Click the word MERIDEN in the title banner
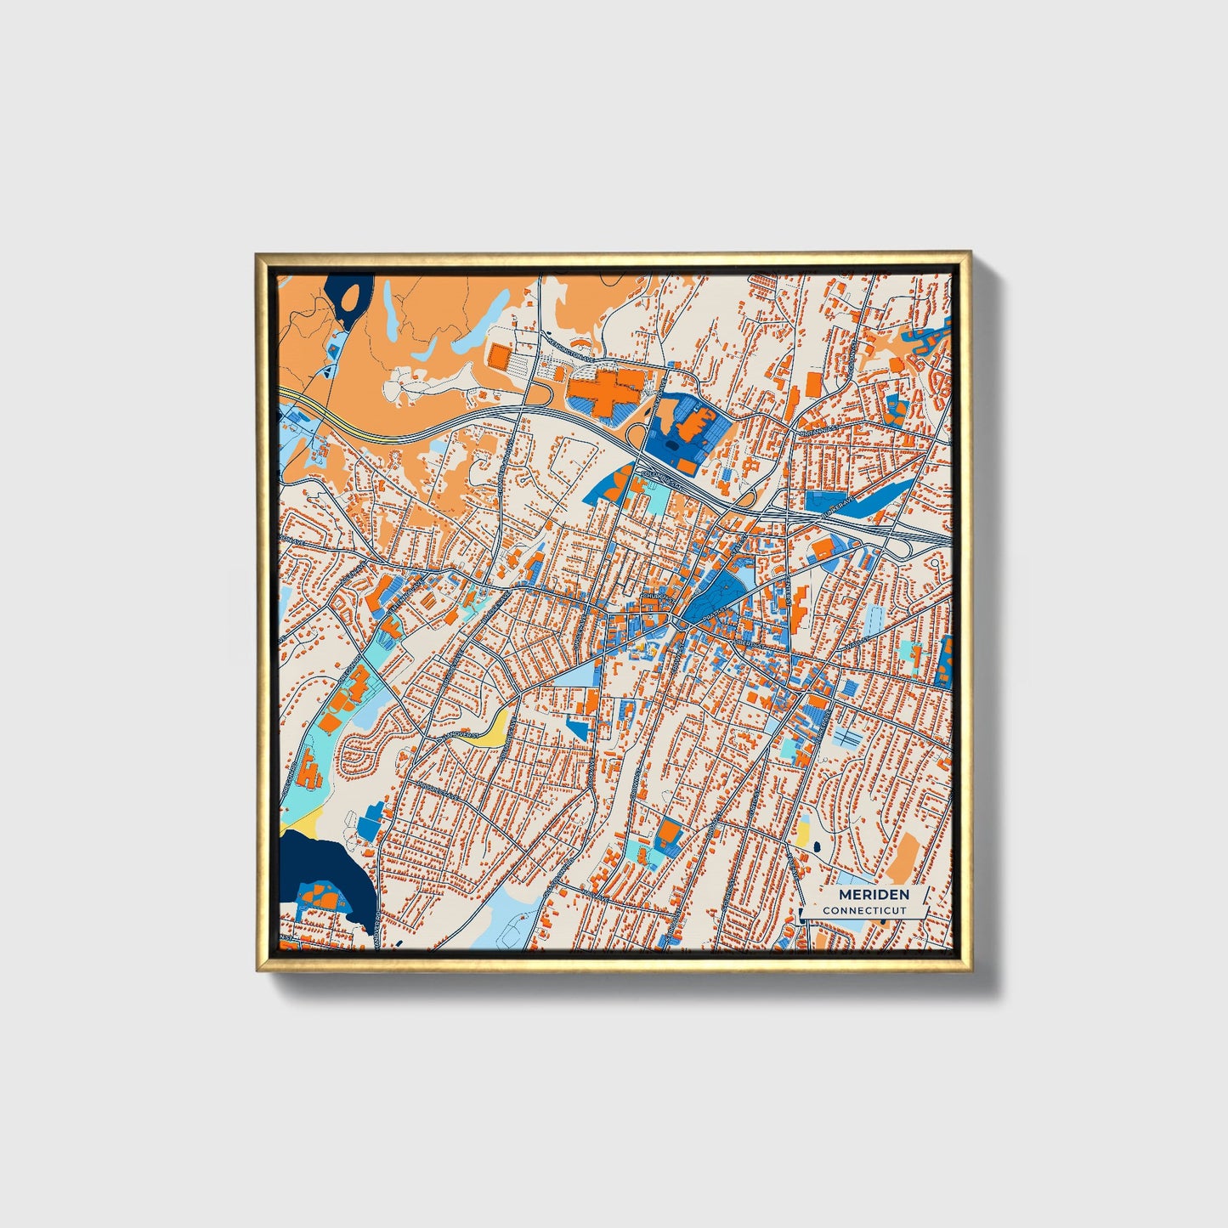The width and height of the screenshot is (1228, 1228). (x=874, y=894)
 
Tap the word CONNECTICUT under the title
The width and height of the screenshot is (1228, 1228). (x=864, y=910)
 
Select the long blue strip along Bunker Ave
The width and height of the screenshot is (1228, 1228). (x=884, y=498)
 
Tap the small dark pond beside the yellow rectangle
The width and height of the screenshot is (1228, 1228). (x=817, y=846)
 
